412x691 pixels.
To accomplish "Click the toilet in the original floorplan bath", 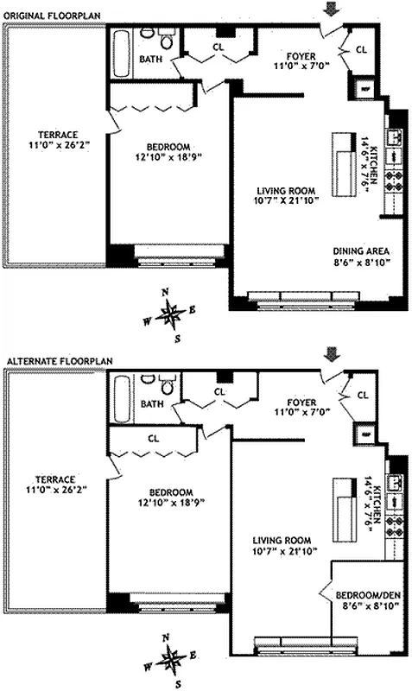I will point(165,39).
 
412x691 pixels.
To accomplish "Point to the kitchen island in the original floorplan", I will point(342,155).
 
